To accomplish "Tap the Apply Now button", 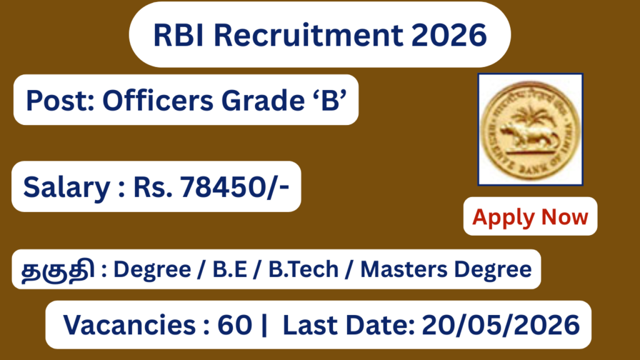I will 530,216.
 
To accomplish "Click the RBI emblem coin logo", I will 530,129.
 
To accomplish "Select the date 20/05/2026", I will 501,325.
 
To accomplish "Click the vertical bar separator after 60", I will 263,325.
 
